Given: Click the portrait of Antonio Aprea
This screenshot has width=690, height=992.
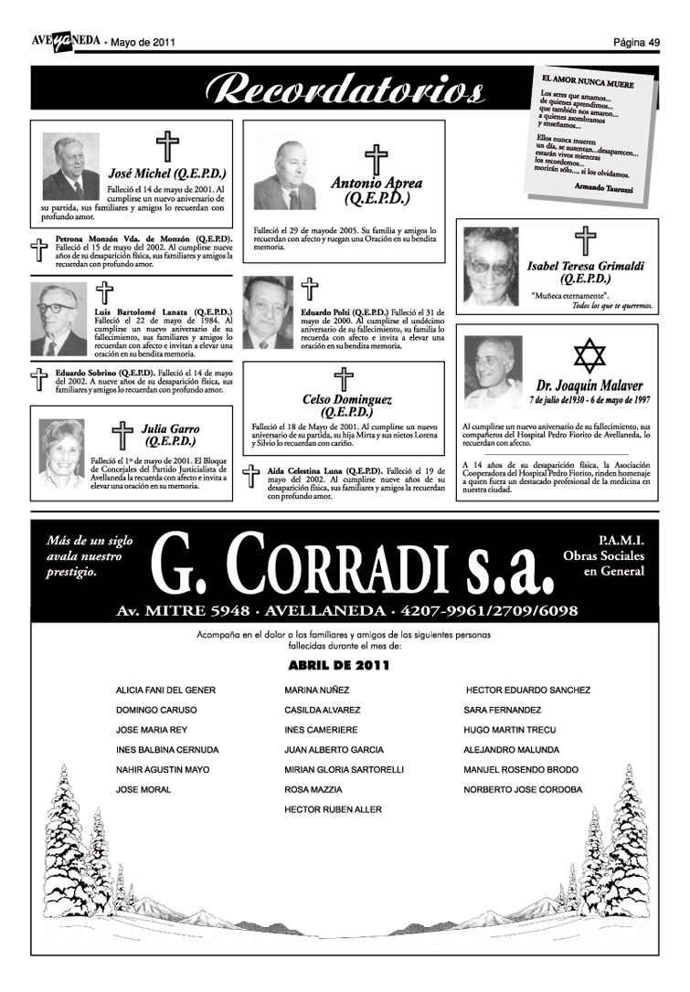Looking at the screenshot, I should click(284, 175).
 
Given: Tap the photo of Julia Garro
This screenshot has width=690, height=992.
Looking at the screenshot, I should click(61, 454).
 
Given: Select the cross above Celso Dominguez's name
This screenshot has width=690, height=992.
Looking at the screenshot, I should click(343, 378).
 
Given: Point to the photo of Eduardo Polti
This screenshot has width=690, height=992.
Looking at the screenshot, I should click(268, 312).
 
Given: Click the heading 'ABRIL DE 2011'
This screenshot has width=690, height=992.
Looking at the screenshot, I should click(338, 666).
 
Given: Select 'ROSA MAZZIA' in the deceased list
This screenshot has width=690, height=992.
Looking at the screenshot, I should click(313, 789).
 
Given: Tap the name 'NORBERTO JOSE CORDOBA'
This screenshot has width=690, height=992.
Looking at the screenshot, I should click(522, 789).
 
